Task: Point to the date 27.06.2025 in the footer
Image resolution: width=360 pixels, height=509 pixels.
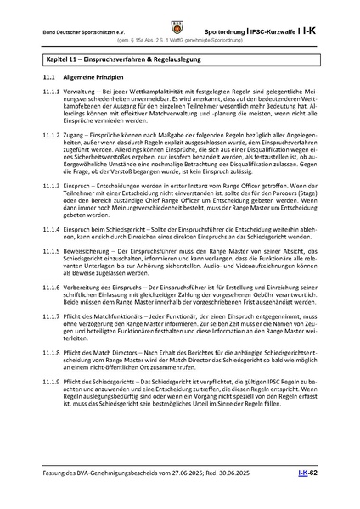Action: (193, 495)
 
